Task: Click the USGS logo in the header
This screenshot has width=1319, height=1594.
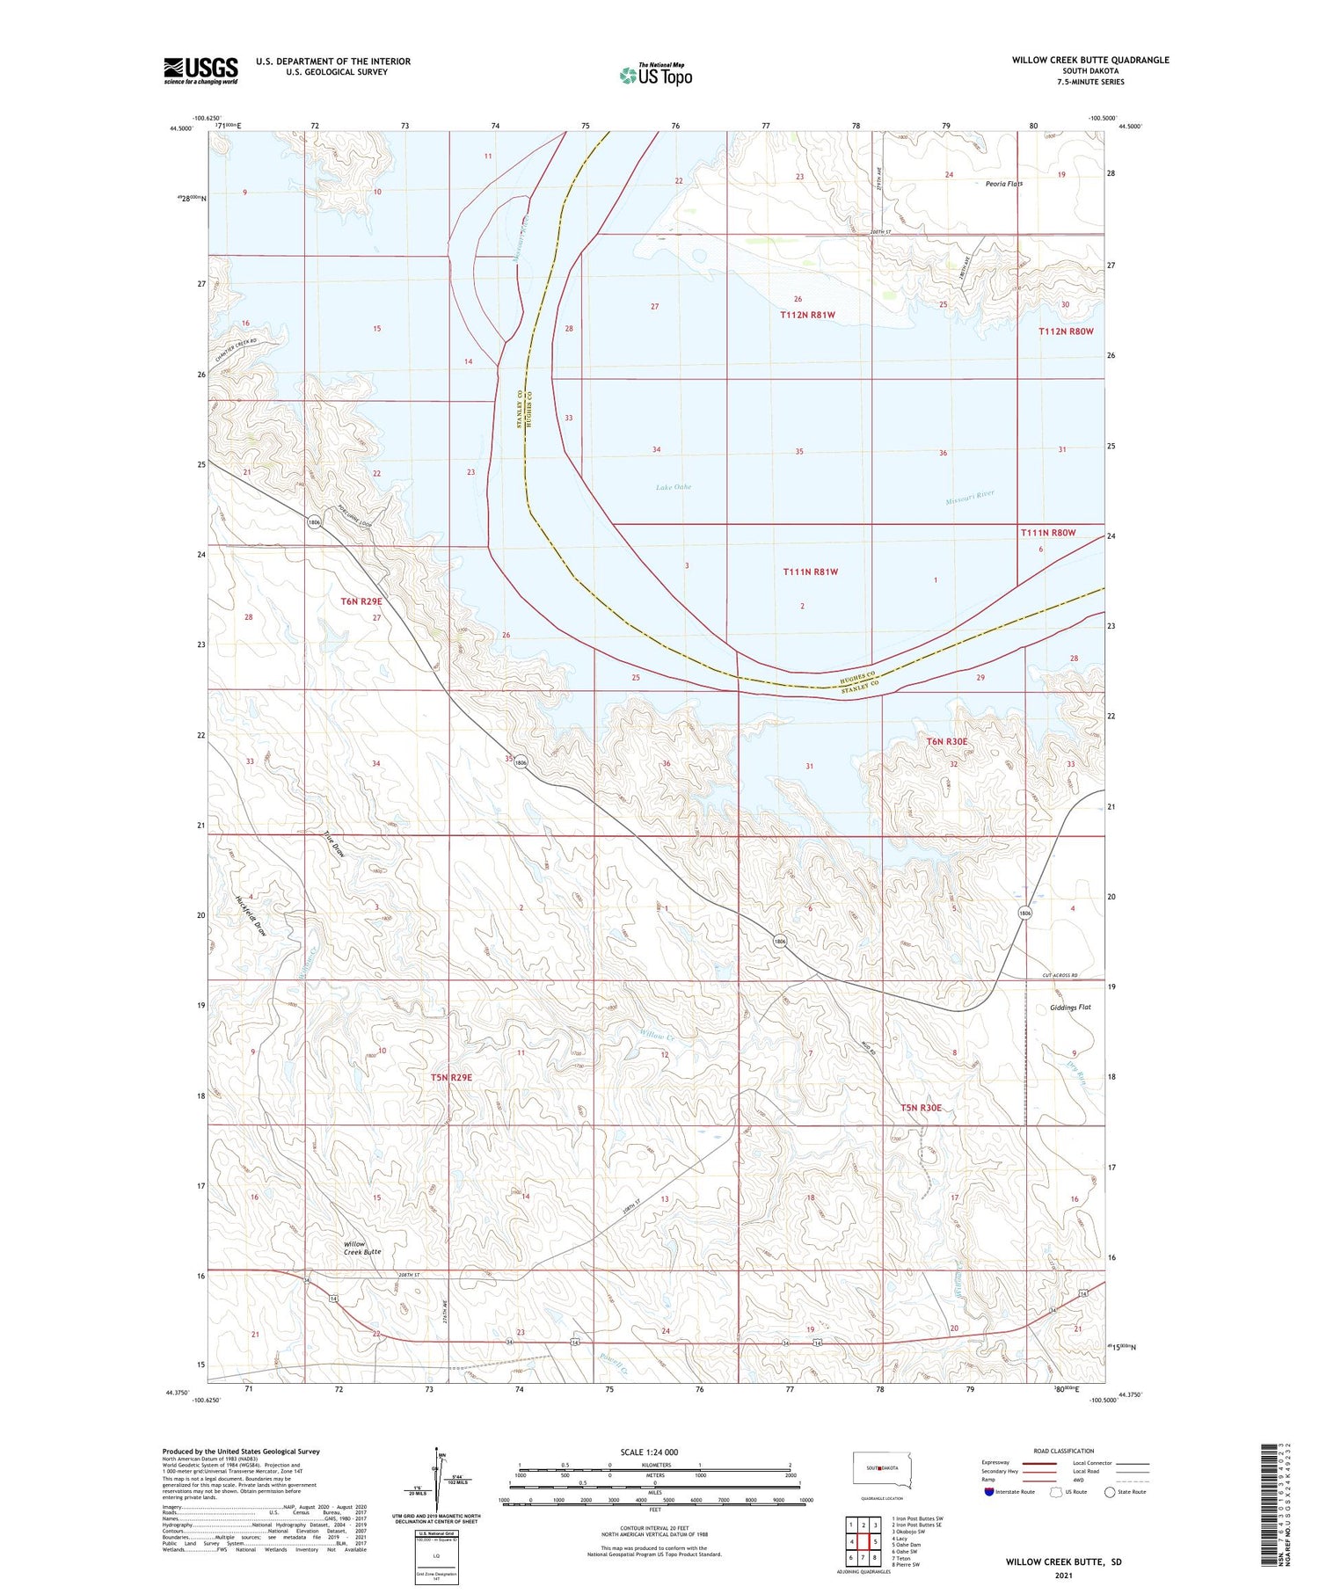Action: (200, 70)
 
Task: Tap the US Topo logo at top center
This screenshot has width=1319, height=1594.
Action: (656, 75)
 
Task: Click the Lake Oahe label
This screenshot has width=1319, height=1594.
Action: (674, 487)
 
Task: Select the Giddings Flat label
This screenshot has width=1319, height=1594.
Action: (1070, 1008)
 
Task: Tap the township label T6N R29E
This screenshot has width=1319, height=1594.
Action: (361, 601)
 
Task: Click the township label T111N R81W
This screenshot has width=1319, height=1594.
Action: (810, 571)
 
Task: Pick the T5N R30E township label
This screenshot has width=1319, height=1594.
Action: (921, 1108)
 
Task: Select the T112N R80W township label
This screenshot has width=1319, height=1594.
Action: (1066, 331)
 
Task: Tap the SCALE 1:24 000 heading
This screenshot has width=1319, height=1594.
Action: (649, 1452)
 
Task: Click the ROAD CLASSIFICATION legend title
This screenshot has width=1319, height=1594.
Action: (1064, 1451)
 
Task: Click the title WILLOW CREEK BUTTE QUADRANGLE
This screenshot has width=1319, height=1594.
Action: (1089, 60)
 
